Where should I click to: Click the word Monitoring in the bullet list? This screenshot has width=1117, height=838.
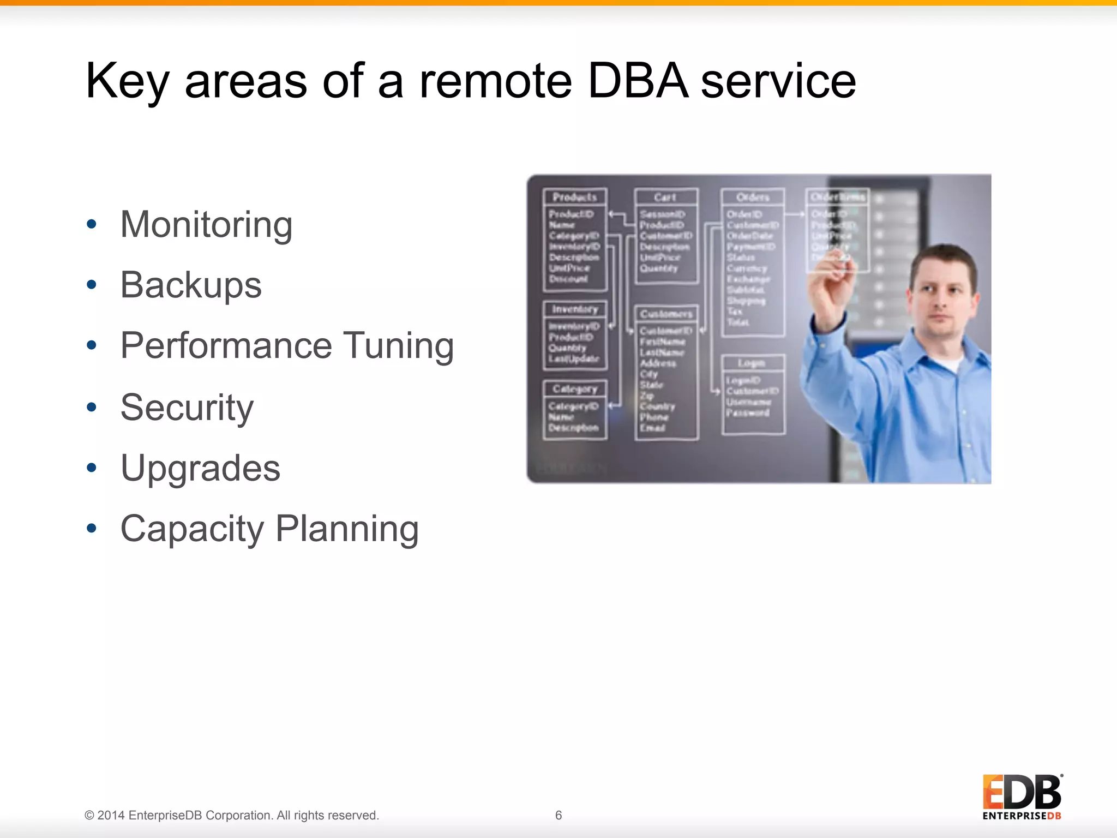tap(206, 225)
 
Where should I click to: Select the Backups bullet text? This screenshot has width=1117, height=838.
tap(191, 285)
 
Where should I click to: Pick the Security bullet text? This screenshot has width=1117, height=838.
tap(187, 408)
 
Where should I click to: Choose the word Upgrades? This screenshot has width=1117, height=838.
tap(200, 468)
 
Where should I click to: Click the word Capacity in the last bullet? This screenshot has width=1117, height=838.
tap(192, 529)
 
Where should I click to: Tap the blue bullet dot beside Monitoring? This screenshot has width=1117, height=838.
tap(92, 224)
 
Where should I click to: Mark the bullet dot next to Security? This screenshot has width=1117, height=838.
tap(92, 406)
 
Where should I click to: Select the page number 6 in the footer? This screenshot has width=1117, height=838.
tap(558, 815)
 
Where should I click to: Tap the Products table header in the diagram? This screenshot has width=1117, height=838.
tap(575, 197)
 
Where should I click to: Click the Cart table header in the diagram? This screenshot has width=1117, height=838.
tap(665, 197)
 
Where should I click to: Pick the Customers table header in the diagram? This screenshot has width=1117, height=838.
tap(666, 314)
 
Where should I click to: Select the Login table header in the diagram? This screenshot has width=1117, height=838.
tap(752, 363)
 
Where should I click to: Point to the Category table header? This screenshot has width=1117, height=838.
tap(575, 389)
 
